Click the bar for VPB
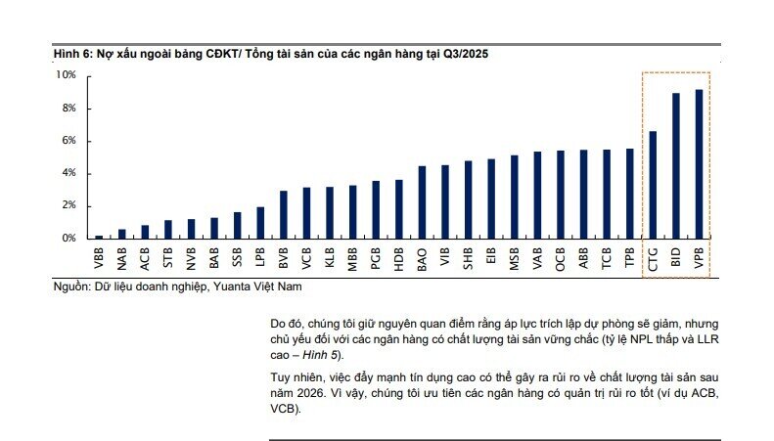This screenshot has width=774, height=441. [699, 164]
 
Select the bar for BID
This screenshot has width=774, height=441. [675, 166]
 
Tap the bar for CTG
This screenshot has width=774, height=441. [652, 185]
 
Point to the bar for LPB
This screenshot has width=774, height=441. [260, 223]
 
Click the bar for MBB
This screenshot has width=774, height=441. [352, 212]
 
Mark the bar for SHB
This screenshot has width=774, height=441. [468, 199]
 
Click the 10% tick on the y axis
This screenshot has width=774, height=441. [67, 75]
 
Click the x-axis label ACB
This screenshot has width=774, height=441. [145, 258]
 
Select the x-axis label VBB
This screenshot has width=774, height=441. [99, 258]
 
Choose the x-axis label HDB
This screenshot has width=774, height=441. [398, 258]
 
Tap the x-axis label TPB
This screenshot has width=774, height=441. [629, 258]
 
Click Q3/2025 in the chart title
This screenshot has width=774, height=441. [464, 55]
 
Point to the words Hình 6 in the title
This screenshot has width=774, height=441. [71, 55]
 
